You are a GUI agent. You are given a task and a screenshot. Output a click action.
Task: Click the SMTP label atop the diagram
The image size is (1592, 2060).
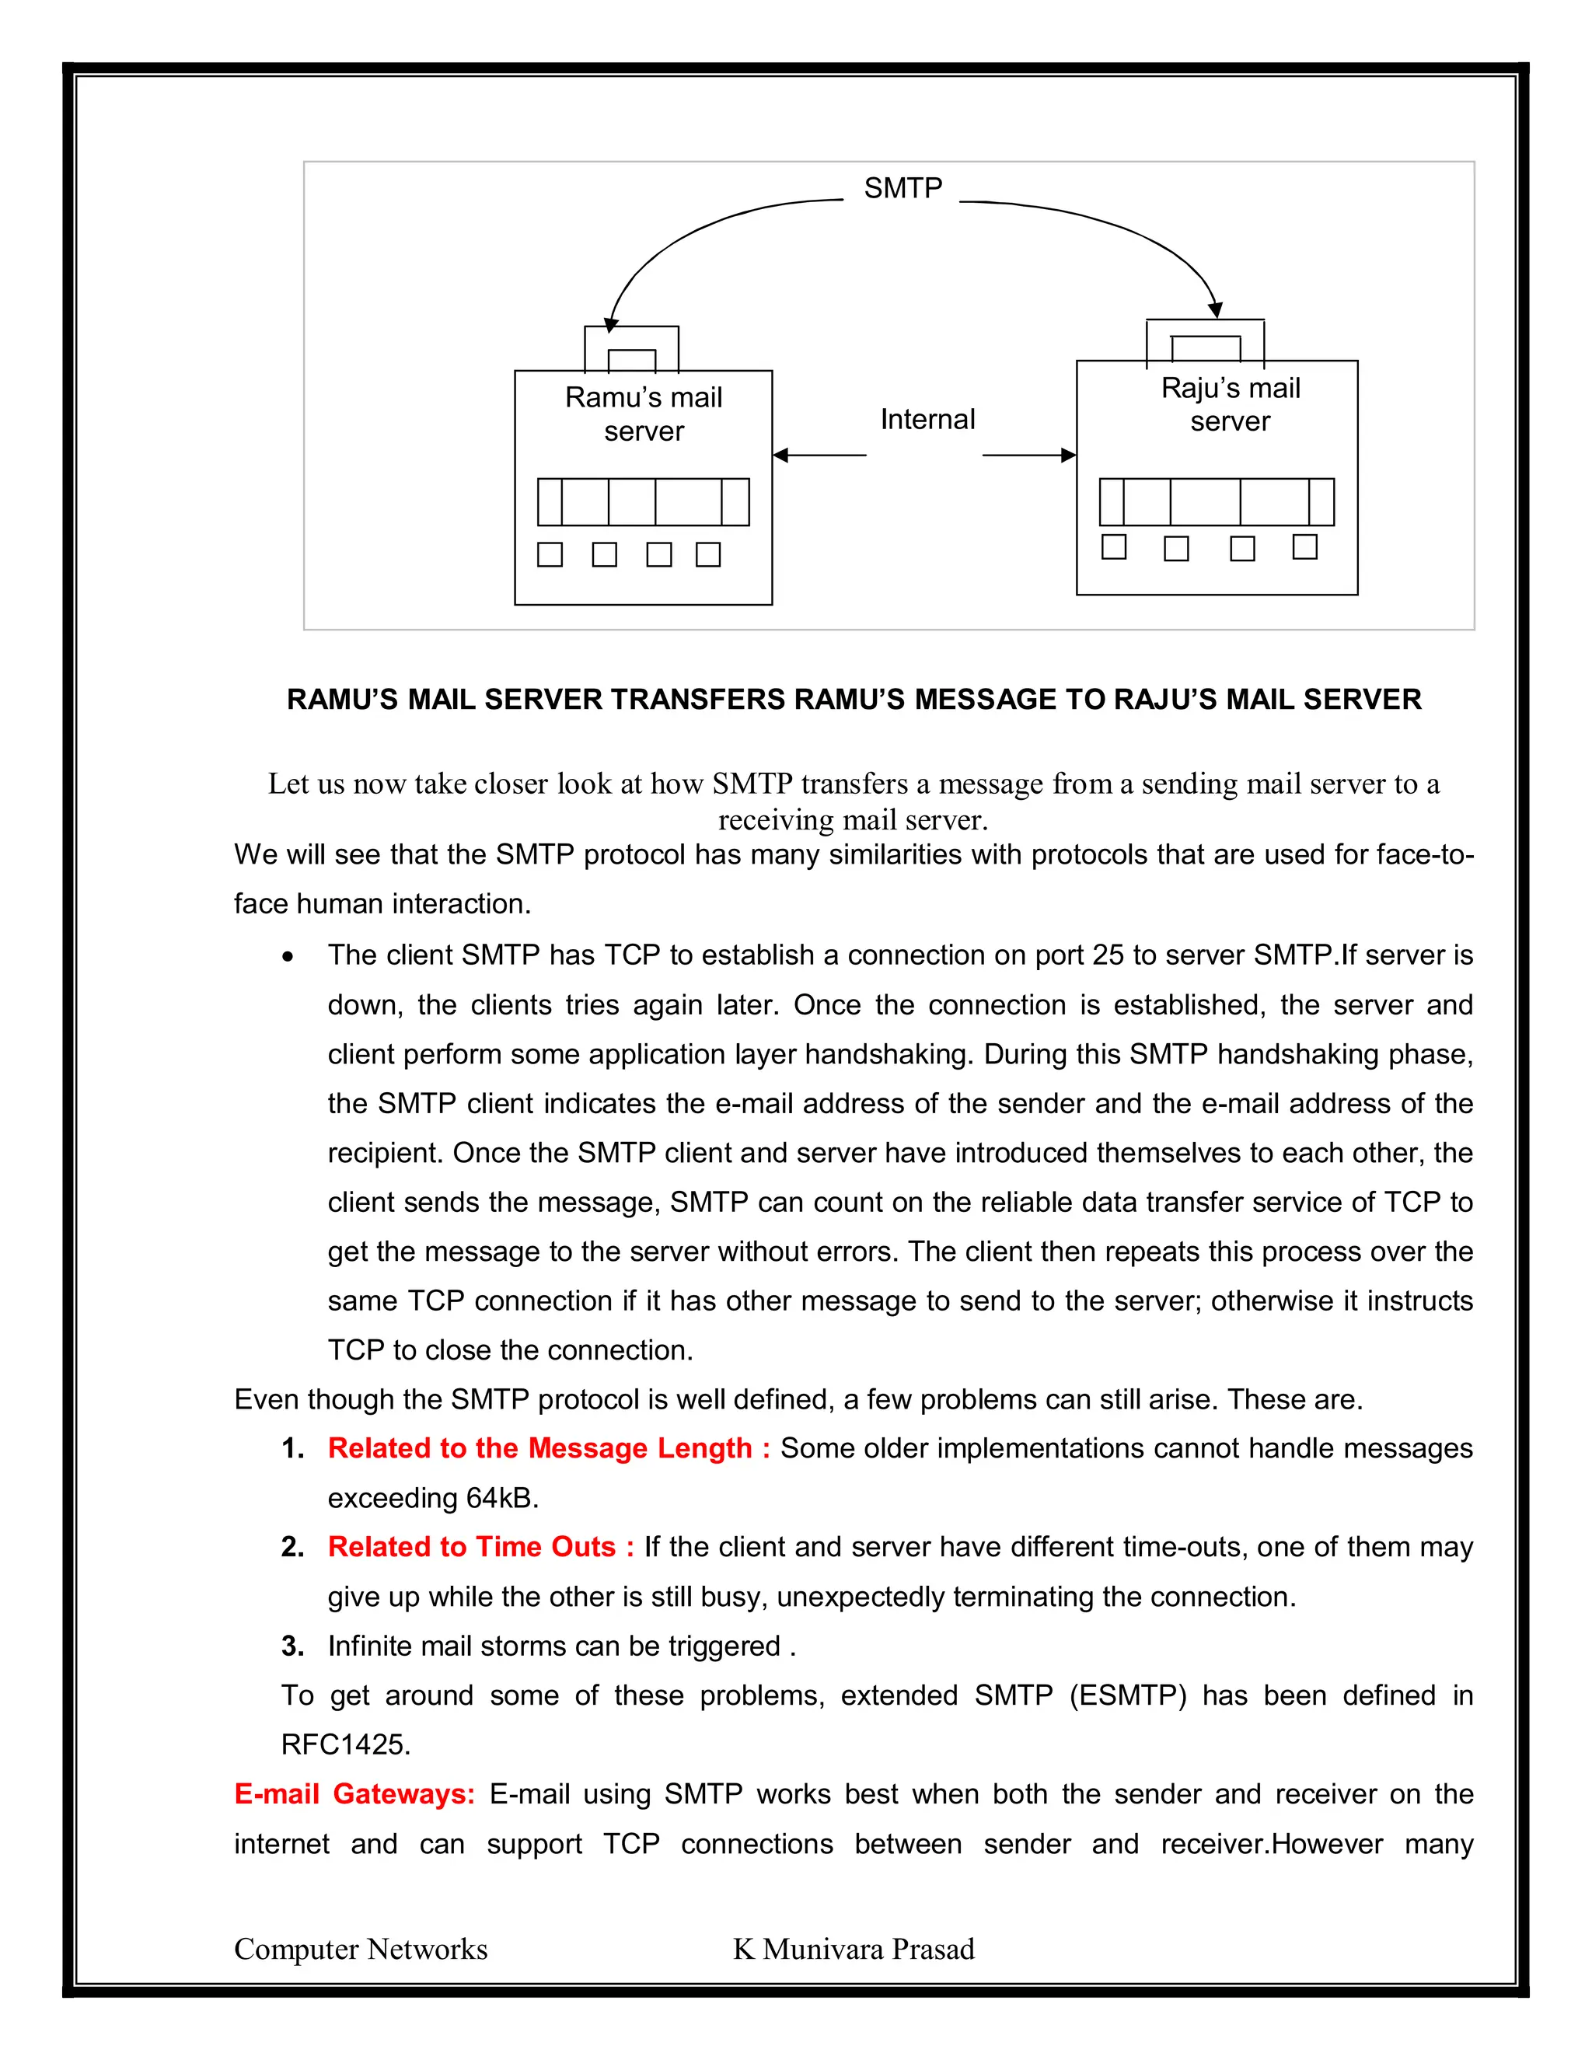(x=902, y=189)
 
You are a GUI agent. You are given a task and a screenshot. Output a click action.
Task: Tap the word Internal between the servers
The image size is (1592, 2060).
(x=927, y=420)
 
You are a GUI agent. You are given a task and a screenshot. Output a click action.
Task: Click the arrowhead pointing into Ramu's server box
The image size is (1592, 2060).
(x=780, y=456)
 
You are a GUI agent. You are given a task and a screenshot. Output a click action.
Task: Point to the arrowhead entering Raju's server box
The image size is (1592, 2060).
(x=1069, y=456)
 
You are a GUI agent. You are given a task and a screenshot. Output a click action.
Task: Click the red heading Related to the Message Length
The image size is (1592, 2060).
(x=548, y=1448)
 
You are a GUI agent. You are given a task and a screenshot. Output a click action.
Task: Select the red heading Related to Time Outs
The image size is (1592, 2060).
(x=480, y=1547)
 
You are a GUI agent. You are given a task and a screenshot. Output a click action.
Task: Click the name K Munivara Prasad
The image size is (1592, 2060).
(x=854, y=1949)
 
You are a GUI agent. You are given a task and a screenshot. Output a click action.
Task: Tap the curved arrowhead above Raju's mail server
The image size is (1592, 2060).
(x=1216, y=309)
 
